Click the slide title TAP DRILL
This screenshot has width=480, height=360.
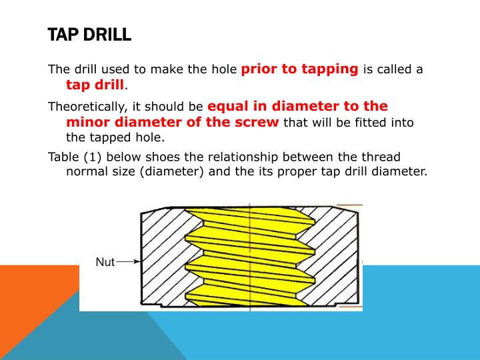click(x=89, y=35)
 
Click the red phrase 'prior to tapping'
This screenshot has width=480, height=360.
click(x=299, y=69)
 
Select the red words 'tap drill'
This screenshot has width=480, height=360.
click(x=95, y=85)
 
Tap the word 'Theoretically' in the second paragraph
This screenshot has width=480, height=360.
click(x=89, y=107)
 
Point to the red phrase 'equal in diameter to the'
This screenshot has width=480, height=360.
click(x=297, y=106)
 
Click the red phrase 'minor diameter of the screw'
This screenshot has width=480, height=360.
click(x=173, y=122)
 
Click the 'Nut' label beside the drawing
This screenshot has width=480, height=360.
click(x=105, y=262)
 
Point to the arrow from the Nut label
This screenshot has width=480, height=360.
click(x=129, y=262)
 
